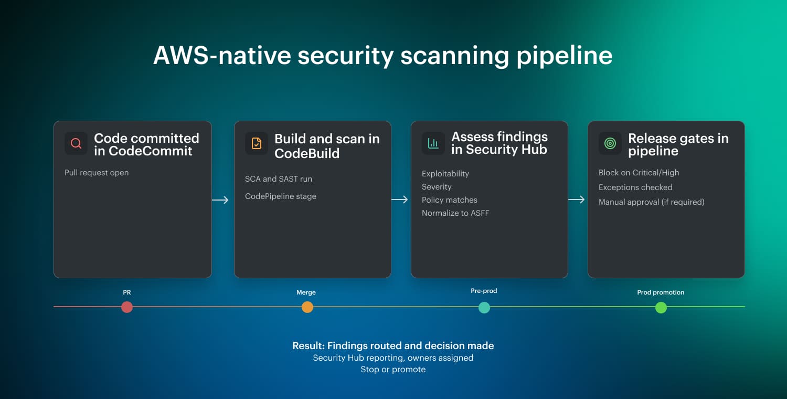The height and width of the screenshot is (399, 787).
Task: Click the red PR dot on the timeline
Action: [127, 307]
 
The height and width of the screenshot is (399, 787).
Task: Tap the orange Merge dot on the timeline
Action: [307, 307]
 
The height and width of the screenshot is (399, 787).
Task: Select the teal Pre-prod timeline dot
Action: [484, 307]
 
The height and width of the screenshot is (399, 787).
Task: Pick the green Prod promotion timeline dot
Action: [661, 307]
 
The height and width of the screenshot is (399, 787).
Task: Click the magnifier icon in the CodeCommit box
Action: [76, 143]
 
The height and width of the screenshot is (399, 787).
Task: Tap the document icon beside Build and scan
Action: [257, 143]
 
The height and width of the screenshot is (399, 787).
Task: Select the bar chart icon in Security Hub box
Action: [433, 143]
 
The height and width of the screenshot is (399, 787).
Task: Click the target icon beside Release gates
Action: [610, 143]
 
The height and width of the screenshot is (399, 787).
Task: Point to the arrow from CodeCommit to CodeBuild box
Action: [220, 200]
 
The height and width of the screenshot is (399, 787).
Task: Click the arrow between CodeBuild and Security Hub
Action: [400, 199]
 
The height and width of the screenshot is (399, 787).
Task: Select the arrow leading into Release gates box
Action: [577, 199]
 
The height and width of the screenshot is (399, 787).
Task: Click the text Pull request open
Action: [97, 173]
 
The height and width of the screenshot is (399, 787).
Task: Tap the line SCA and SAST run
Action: [279, 179]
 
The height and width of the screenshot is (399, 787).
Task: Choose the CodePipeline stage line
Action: [281, 196]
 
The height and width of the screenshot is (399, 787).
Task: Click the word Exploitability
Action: [445, 174]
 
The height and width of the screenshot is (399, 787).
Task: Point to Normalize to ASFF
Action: [455, 213]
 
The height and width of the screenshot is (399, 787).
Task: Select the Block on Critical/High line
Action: [639, 173]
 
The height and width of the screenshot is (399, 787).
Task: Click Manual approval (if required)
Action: [652, 202]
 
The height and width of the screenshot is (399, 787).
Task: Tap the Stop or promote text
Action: [393, 370]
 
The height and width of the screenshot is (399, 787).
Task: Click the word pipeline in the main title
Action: [565, 56]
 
